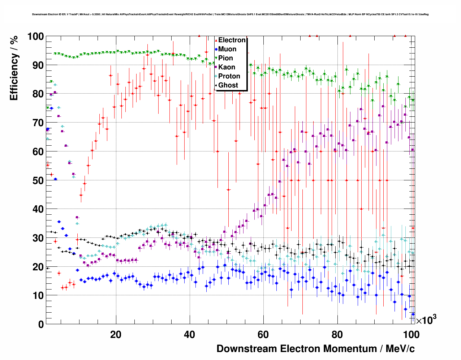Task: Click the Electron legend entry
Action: pos(232,40)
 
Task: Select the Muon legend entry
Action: pos(227,49)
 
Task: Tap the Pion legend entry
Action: pos(225,58)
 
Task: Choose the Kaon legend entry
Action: pos(227,67)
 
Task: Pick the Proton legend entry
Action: pos(229,76)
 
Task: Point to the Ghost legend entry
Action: pos(228,85)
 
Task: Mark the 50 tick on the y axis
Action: pos(38,180)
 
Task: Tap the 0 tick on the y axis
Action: pos(40,324)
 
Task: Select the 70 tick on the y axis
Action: pos(38,123)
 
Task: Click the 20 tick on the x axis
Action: pos(116,335)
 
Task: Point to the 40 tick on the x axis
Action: pos(190,335)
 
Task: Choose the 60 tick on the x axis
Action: pos(263,335)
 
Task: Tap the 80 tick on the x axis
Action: pos(337,335)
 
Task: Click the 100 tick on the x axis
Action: pos(411,335)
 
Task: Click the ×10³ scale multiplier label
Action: pos(426,320)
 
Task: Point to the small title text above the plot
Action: pos(230,14)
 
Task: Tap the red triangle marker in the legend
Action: pos(216,40)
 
